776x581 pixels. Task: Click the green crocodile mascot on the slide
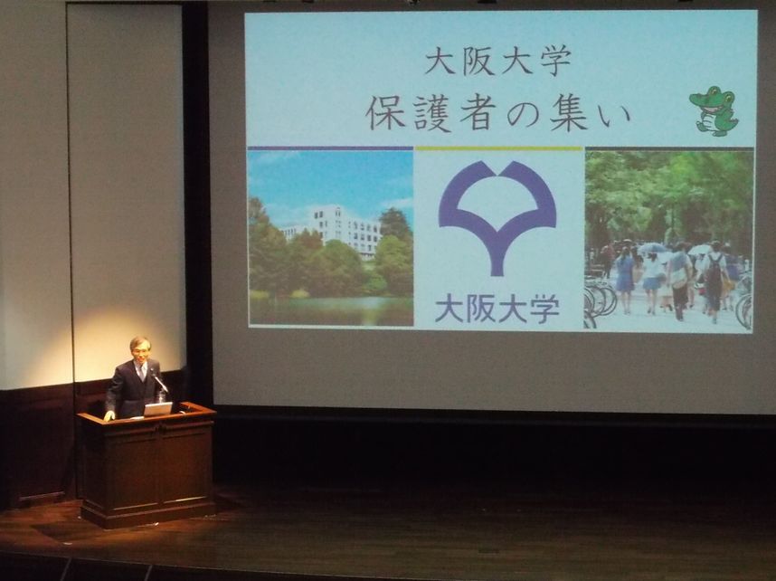(x=714, y=111)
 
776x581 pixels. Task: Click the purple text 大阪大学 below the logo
(x=497, y=309)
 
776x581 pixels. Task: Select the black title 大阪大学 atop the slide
(x=497, y=61)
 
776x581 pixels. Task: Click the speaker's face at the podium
(x=140, y=349)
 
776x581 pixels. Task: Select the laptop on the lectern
(x=157, y=409)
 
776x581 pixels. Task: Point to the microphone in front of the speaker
(x=160, y=382)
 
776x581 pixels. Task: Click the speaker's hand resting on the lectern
(x=109, y=416)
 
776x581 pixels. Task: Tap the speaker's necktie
(x=143, y=372)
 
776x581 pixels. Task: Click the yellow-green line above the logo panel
(x=498, y=148)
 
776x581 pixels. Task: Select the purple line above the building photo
(x=330, y=148)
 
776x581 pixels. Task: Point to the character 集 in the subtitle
(x=568, y=113)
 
